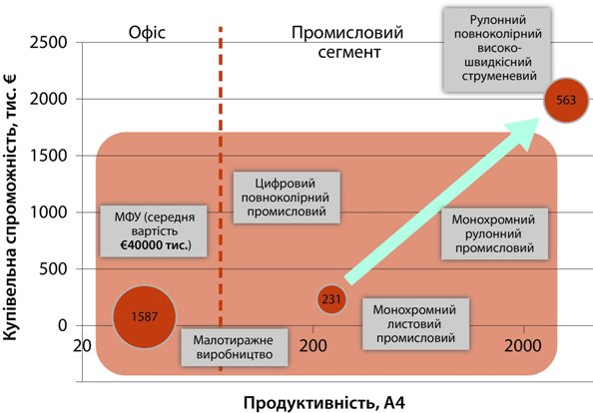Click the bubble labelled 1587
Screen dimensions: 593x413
click(x=145, y=316)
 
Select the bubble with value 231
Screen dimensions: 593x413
click(x=331, y=299)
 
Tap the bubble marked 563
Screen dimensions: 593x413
click(x=566, y=100)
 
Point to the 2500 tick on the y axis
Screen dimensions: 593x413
click(x=48, y=42)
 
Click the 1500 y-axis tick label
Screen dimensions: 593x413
click(x=48, y=156)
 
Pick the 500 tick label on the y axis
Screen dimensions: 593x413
click(x=53, y=268)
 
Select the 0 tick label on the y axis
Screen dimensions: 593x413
click(x=63, y=325)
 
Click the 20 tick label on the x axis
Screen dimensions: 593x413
click(x=82, y=346)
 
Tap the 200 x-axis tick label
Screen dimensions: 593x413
click(x=312, y=346)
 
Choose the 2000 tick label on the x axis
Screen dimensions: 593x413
click(x=523, y=346)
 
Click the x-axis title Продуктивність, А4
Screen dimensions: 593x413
click(x=324, y=403)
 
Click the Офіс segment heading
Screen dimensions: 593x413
click(x=147, y=33)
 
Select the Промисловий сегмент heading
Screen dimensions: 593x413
click(x=347, y=42)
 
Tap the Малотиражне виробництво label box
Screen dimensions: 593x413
click(x=235, y=347)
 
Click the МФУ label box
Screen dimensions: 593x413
click(x=154, y=231)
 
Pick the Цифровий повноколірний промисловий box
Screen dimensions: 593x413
click(x=287, y=198)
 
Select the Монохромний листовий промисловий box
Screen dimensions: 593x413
click(x=415, y=324)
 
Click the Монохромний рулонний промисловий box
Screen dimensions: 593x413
click(x=495, y=233)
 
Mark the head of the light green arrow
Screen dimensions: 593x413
click(x=538, y=119)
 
